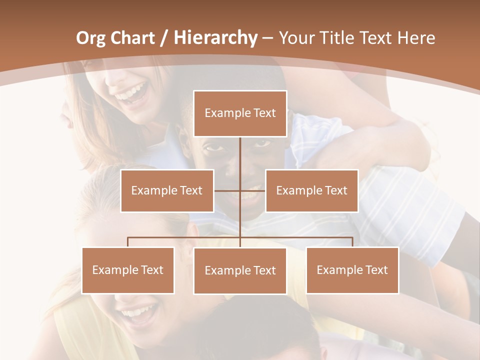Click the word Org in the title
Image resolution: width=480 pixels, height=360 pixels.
click(x=90, y=38)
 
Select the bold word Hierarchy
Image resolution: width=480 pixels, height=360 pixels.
click(x=215, y=38)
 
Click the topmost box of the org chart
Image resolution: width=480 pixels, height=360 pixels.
click(x=240, y=113)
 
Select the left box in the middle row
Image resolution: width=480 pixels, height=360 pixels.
click(x=167, y=190)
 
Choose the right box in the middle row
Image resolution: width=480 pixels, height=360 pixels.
click(x=311, y=190)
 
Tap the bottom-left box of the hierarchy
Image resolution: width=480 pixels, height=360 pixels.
click(x=128, y=270)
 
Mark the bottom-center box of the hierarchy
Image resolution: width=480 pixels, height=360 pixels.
click(x=240, y=270)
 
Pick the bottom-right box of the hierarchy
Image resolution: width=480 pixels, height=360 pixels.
click(x=352, y=270)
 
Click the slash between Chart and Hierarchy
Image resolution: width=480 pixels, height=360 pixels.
click(x=163, y=38)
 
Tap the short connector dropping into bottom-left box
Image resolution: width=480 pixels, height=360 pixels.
click(x=128, y=242)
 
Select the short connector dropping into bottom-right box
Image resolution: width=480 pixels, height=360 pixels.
click(x=352, y=242)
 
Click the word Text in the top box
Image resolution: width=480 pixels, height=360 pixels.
click(x=264, y=113)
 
